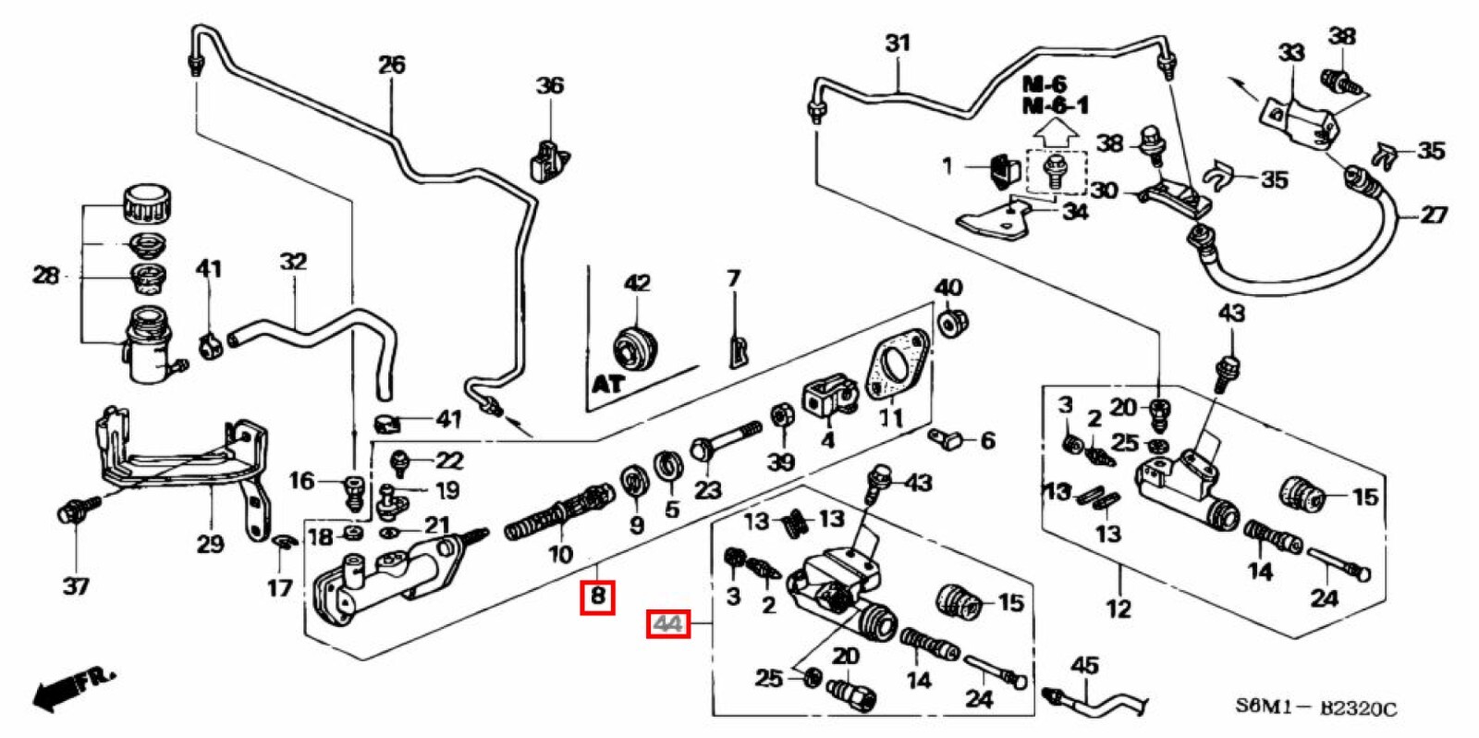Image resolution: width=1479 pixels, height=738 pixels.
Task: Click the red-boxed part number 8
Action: coord(597,596)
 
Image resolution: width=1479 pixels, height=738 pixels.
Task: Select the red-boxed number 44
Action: coord(667,625)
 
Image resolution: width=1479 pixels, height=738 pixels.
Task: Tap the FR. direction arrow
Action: coord(74,688)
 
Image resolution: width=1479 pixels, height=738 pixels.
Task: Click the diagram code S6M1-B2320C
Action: coord(1316,708)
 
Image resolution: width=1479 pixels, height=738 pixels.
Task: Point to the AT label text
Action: coord(607,382)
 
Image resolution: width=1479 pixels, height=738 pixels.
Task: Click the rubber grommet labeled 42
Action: coord(637,349)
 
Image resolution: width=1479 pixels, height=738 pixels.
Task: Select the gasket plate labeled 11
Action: coord(896,364)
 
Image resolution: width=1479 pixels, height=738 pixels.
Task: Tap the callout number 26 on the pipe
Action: coord(391,65)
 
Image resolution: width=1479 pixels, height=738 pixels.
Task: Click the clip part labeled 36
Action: coord(548,159)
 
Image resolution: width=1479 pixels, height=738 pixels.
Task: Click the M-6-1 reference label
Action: coord(1055,105)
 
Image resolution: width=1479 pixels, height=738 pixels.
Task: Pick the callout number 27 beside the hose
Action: coord(1432,215)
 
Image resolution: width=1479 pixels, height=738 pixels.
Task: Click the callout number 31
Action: coord(898,43)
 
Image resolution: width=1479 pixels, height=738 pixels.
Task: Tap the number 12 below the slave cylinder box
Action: coord(1118,609)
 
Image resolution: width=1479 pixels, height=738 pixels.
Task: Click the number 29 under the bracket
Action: coord(210,543)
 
